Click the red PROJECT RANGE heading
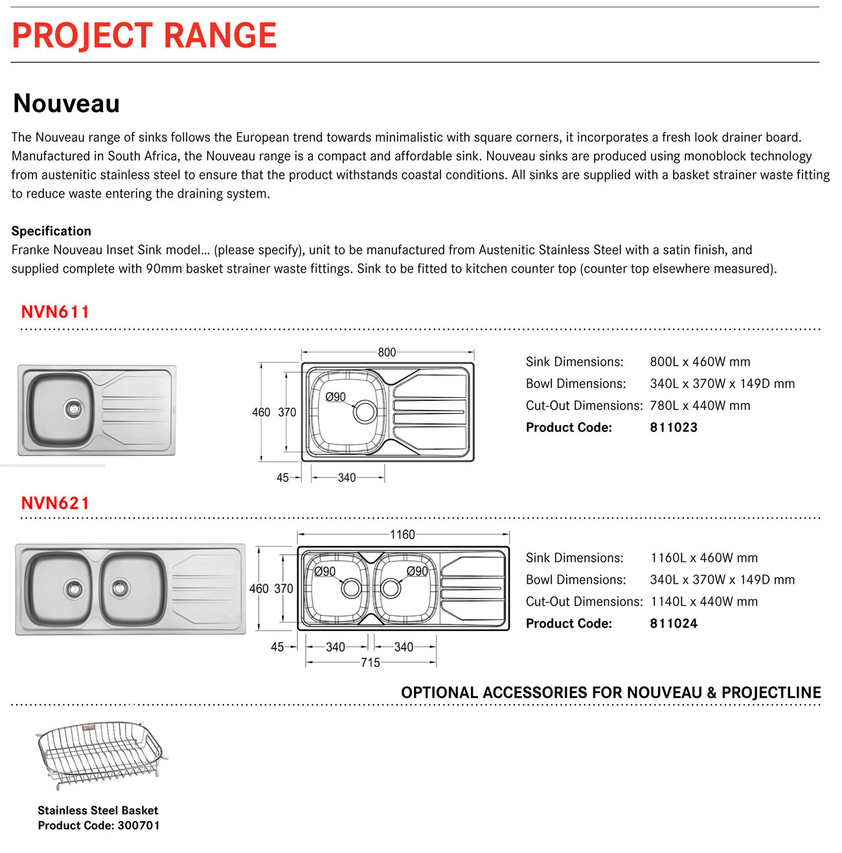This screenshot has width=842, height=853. [x=144, y=36]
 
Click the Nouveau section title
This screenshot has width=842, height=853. [x=67, y=104]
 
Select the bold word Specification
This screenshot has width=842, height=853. [x=51, y=231]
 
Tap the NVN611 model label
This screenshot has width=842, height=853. [x=55, y=312]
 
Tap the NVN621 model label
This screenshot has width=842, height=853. [x=55, y=503]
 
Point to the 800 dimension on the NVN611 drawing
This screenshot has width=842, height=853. [x=387, y=352]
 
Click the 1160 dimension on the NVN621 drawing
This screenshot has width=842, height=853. [x=402, y=535]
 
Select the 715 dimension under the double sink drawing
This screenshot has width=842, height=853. [x=370, y=663]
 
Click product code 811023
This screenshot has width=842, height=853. [x=674, y=427]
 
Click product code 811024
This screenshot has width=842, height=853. [x=674, y=624]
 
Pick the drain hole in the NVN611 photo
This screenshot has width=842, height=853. [x=74, y=408]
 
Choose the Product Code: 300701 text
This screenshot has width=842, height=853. [x=98, y=826]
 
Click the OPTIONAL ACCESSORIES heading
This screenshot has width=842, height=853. [x=611, y=692]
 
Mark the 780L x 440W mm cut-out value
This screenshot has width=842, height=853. [x=700, y=406]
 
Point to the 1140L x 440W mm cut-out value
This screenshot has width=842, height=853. [x=704, y=602]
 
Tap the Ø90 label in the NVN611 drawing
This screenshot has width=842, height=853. [x=336, y=397]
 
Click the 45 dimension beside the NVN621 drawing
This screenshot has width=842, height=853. [x=277, y=647]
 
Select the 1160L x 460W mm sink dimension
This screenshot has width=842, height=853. [x=704, y=558]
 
